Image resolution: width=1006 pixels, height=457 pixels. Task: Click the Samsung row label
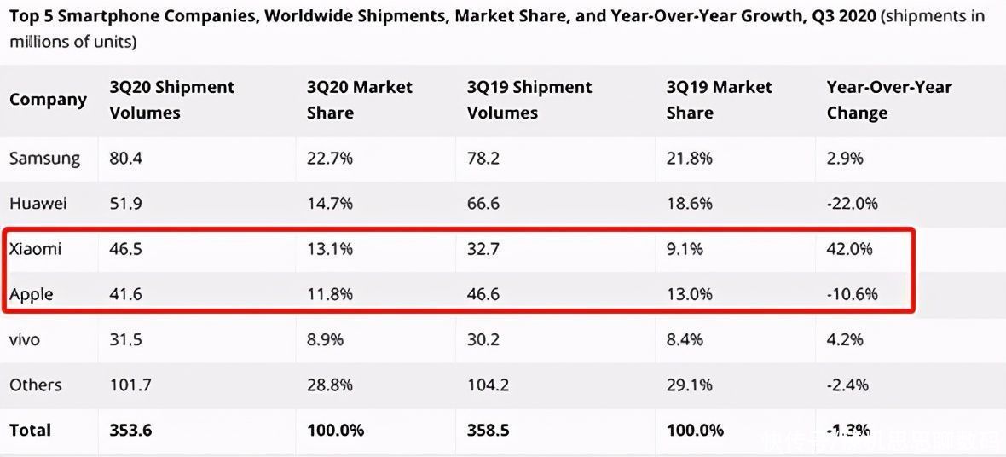point(45,158)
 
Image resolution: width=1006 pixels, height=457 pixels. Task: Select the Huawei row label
point(38,204)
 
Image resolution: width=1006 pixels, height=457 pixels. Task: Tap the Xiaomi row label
point(36,249)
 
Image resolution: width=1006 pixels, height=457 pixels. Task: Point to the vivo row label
point(25,339)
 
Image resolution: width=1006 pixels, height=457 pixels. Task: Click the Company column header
point(48,100)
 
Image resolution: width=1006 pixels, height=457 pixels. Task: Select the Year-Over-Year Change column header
point(889,100)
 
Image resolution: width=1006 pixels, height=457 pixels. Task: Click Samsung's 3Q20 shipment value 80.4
point(126,158)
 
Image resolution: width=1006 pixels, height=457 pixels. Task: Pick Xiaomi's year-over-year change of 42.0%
point(850,249)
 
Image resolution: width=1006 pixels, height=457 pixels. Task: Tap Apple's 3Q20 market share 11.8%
point(330,294)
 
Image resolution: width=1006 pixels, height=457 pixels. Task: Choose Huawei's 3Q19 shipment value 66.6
point(483,204)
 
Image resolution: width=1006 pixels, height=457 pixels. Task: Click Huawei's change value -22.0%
point(853,204)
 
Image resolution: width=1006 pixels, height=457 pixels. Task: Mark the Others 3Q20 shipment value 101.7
point(130,385)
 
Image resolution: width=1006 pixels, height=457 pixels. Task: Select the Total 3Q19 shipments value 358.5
point(489,430)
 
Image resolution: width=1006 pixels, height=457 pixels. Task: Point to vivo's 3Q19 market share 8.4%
point(685,339)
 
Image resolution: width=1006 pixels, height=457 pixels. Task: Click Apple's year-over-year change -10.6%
point(853,294)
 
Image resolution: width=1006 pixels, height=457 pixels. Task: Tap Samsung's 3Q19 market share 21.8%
point(690,158)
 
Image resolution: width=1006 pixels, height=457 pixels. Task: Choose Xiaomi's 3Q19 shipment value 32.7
point(483,249)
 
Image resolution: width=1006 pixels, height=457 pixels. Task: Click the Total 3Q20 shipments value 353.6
point(130,430)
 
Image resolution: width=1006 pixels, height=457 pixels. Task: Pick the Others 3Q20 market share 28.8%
point(330,385)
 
